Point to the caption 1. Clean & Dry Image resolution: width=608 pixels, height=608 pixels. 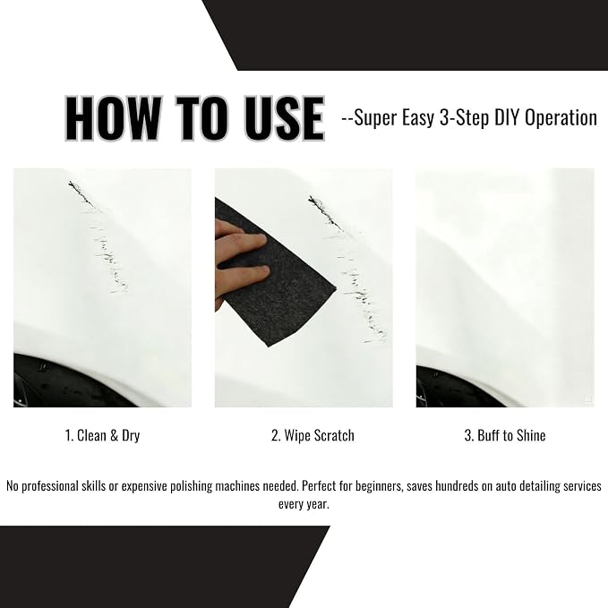point(102,435)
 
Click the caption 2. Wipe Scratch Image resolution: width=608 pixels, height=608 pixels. point(313,435)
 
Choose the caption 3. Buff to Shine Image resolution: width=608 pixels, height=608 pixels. point(505,435)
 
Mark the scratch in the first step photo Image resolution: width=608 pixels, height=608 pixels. point(99,237)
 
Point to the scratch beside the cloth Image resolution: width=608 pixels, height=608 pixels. point(347,270)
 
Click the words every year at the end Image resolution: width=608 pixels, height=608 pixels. point(304,504)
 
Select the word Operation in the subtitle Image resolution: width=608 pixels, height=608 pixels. point(561,118)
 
